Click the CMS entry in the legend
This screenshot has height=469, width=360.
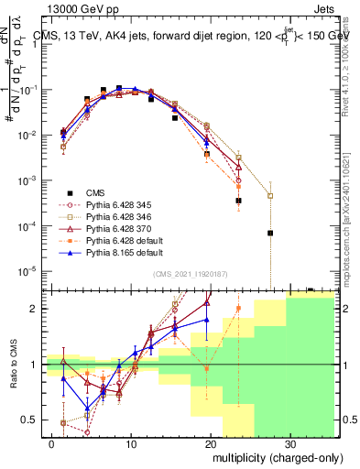point(97,192)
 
